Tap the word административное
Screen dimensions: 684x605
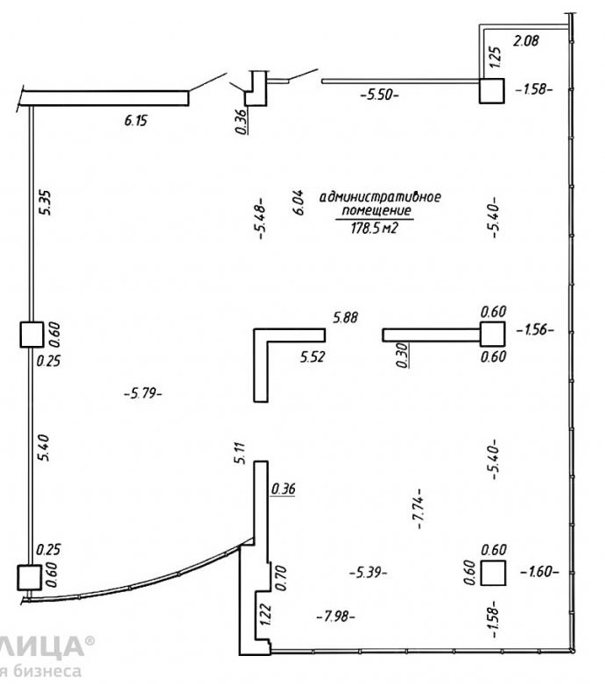point(380,196)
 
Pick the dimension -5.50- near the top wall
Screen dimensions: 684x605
point(378,94)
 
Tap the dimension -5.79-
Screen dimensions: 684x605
point(144,393)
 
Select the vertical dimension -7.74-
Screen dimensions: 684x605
point(421,509)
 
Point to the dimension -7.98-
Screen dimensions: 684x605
point(335,616)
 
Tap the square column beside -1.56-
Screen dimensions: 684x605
point(492,334)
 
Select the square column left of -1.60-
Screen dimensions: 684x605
point(494,571)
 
